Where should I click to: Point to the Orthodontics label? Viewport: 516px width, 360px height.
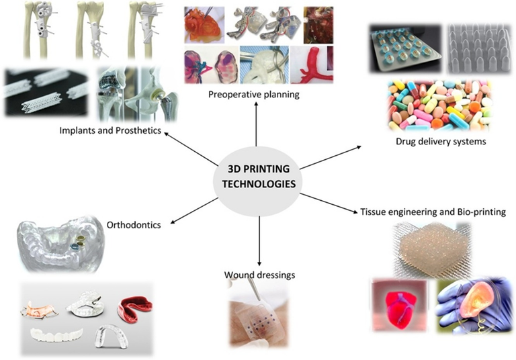(x=134, y=225)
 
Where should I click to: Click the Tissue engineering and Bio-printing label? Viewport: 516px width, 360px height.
(x=433, y=212)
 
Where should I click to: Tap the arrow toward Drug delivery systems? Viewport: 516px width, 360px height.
(x=330, y=156)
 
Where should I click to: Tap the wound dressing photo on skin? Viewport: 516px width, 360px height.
(x=259, y=318)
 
